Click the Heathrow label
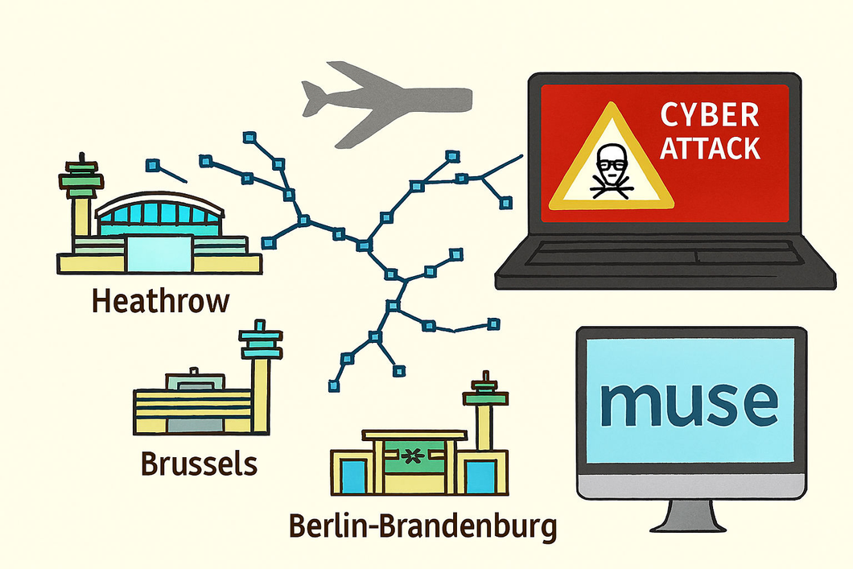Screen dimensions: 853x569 (160, 301)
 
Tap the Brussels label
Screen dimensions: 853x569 (199, 464)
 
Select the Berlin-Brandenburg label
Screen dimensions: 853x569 (422, 526)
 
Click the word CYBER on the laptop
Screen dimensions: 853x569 (710, 115)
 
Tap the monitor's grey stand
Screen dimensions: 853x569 (688, 515)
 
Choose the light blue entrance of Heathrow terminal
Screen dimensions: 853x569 (159, 254)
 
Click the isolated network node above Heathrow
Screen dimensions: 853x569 (152, 164)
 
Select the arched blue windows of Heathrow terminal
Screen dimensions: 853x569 (159, 213)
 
